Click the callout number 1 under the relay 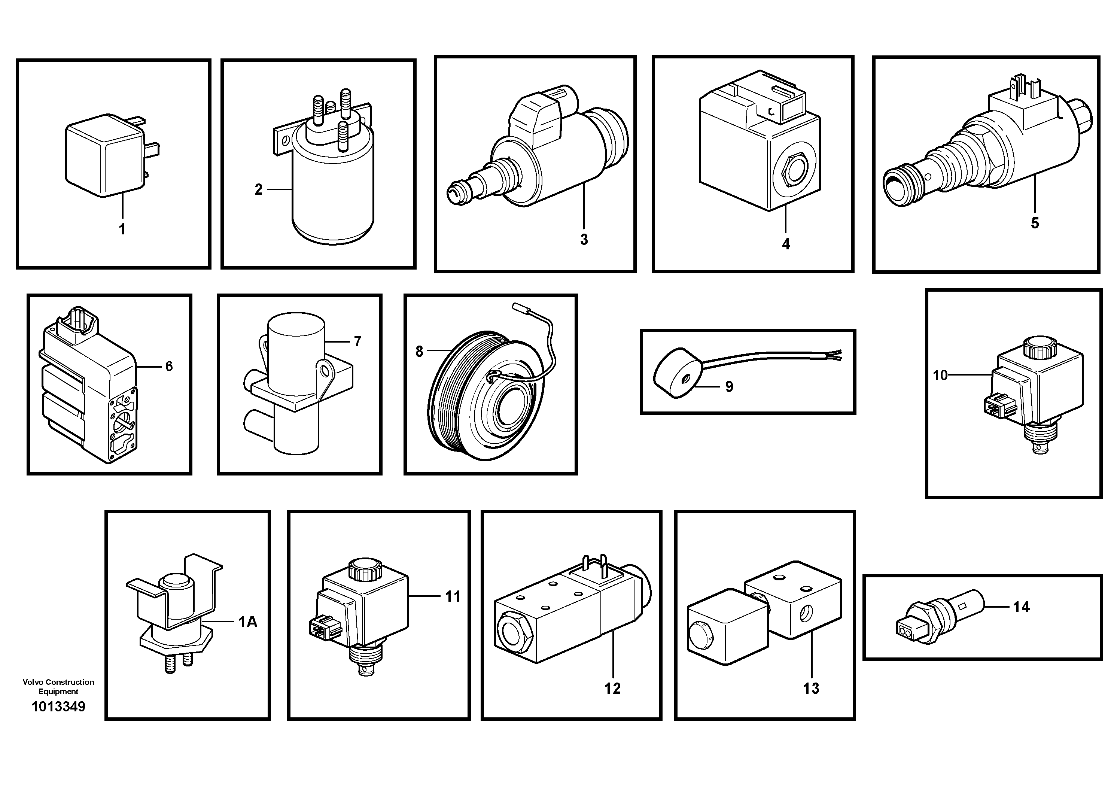(122, 229)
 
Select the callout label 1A (247, 622)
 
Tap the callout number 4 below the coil (786, 244)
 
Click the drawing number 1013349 (58, 707)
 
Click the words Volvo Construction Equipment (58, 687)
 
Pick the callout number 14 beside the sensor (1021, 607)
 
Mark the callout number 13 (811, 688)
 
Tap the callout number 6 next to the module (169, 366)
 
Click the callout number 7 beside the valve (357, 341)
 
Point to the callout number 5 (1035, 223)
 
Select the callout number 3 (584, 239)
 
